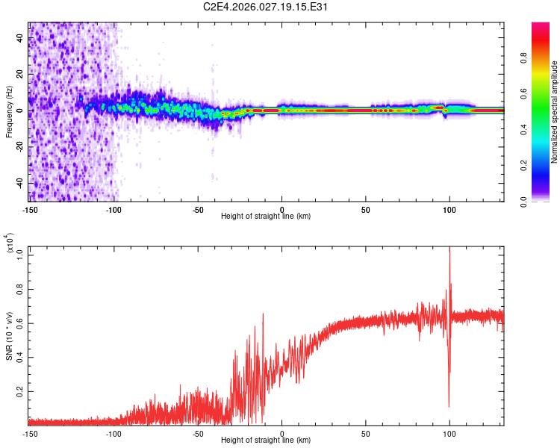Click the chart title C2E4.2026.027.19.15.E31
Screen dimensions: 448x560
click(267, 7)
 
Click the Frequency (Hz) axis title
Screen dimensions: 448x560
click(9, 112)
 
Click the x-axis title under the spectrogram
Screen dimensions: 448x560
click(266, 217)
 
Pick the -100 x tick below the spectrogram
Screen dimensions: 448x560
click(113, 209)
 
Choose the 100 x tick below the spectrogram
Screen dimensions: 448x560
click(449, 209)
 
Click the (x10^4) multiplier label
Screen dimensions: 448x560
click(10, 243)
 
